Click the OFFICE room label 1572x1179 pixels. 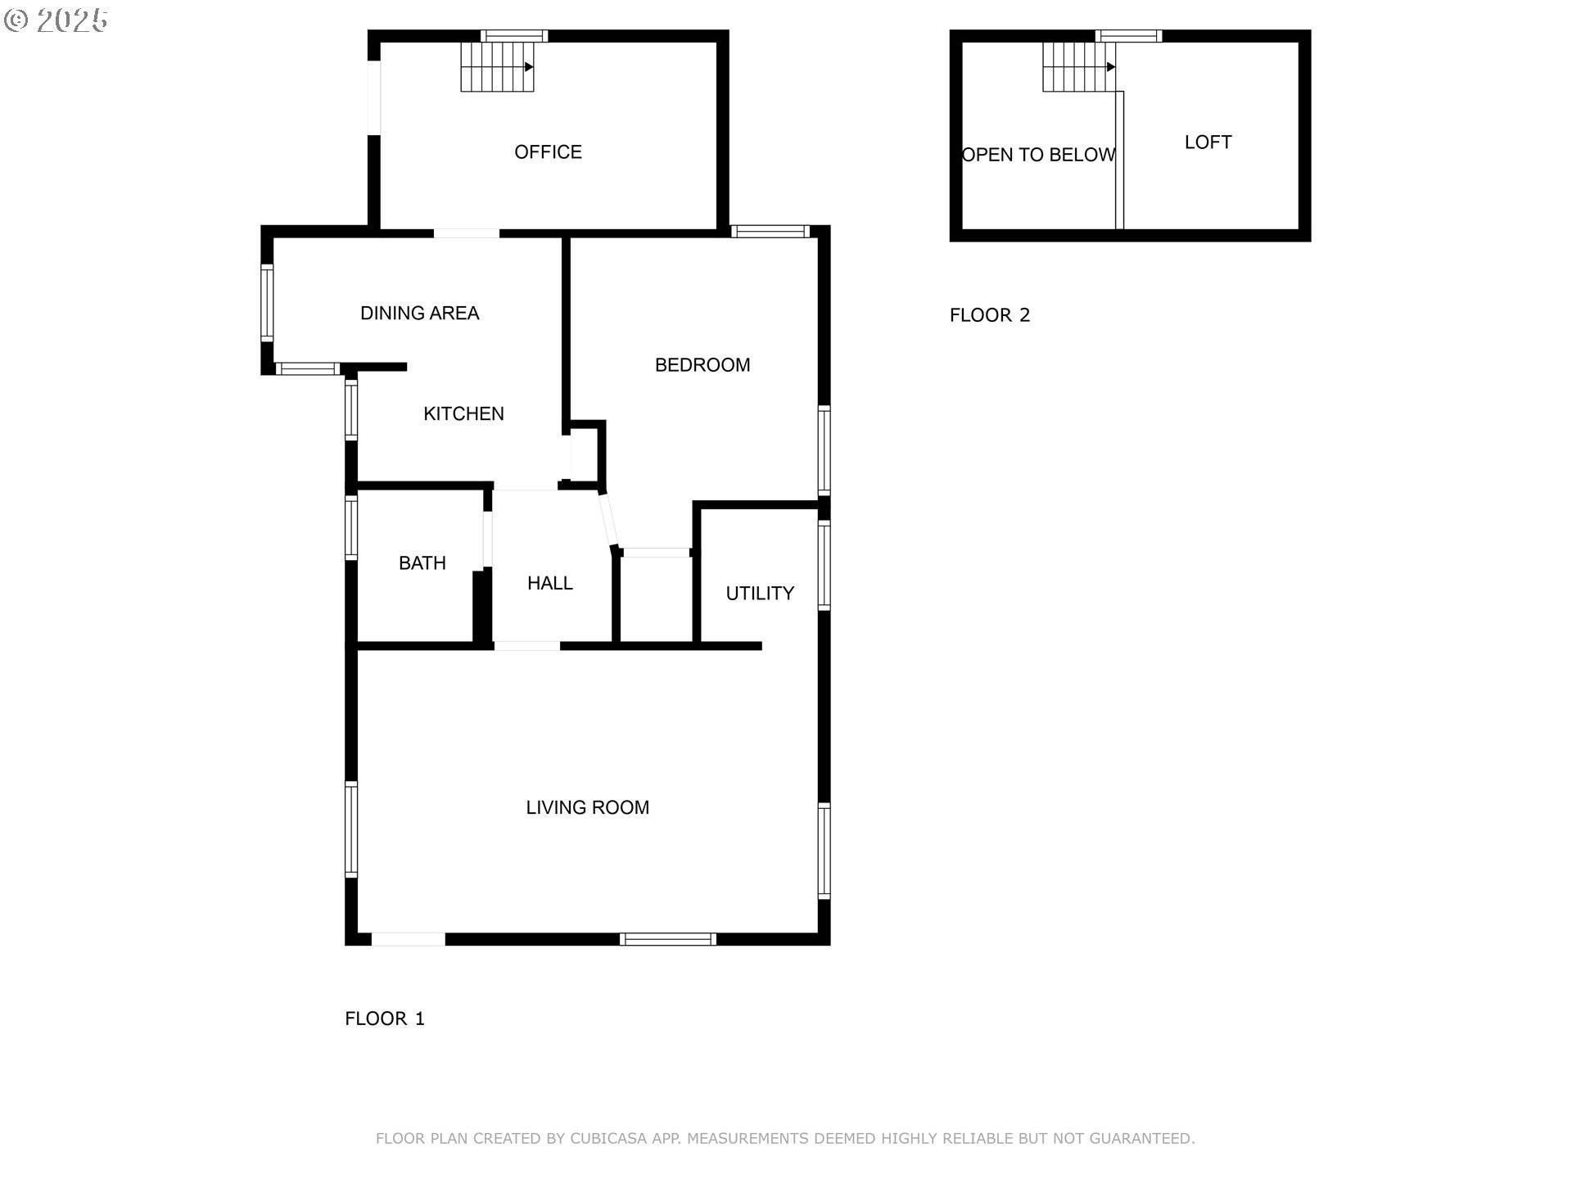tap(548, 152)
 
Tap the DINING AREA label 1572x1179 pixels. tap(419, 313)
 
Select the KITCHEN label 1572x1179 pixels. tap(463, 413)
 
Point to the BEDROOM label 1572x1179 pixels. tap(702, 365)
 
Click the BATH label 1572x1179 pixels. tap(422, 563)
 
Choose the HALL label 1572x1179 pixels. tap(549, 583)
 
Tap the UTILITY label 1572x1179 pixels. tap(760, 594)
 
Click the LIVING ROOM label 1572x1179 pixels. tap(587, 807)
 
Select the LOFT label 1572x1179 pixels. tap(1208, 142)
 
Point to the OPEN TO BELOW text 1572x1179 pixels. tap(1038, 155)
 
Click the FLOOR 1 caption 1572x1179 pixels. tap(385, 1019)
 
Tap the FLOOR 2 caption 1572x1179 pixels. tap(989, 315)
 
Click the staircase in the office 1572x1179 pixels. tap(497, 66)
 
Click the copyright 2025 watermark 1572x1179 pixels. tap(56, 20)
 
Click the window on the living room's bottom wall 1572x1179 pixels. tap(668, 939)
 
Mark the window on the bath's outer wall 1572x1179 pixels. tap(351, 528)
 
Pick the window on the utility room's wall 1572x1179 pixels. tap(824, 566)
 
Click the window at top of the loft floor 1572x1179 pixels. tap(1128, 36)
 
